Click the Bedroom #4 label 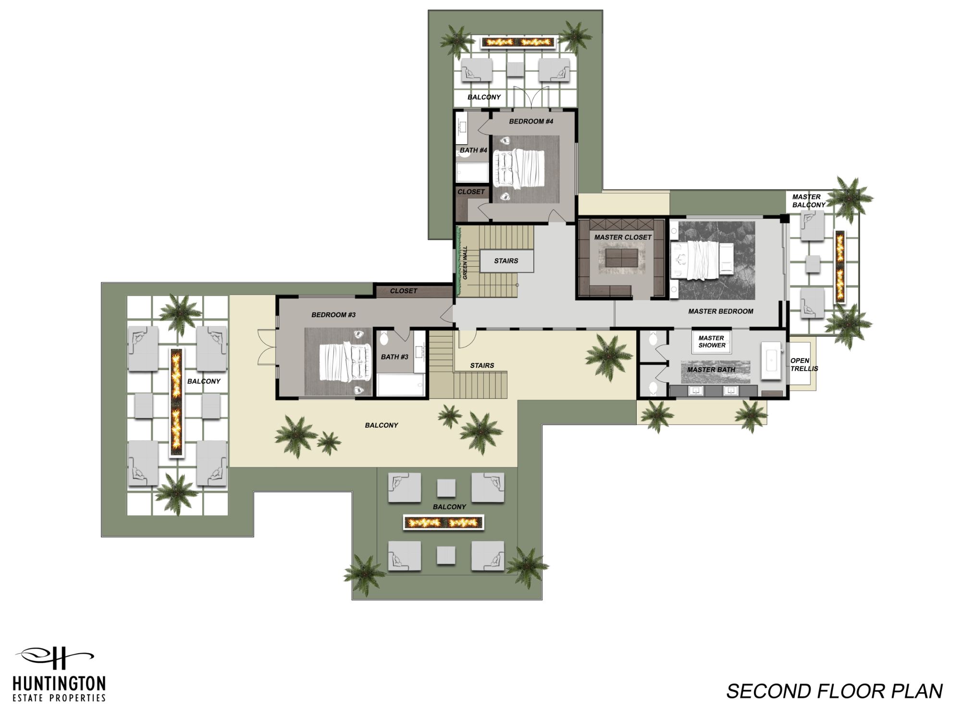click(531, 122)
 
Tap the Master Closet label click(623, 237)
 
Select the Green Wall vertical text click(465, 262)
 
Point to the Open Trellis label click(804, 365)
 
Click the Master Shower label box click(712, 342)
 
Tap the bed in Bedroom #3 click(346, 361)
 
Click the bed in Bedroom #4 click(521, 168)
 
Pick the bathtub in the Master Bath click(772, 361)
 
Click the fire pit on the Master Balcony click(840, 267)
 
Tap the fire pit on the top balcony click(518, 42)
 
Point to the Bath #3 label click(394, 357)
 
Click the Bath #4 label click(473, 150)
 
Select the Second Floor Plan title click(834, 691)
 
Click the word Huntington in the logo click(59, 684)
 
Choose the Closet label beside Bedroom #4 click(471, 192)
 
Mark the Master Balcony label click(809, 201)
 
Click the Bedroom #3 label click(333, 315)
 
